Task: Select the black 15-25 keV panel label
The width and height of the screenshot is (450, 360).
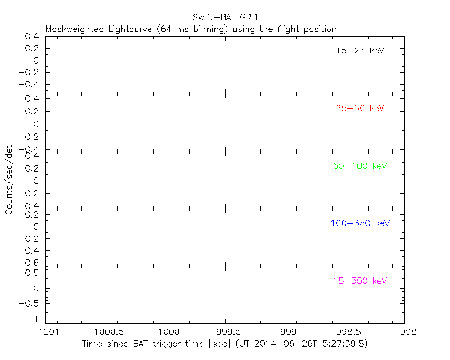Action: [x=360, y=51]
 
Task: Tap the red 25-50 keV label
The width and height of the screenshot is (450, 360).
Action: [x=360, y=109]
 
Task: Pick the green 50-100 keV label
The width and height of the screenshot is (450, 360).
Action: [x=360, y=166]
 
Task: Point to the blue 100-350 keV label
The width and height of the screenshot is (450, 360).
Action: [x=360, y=223]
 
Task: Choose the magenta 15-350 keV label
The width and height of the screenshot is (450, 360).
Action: [x=360, y=281]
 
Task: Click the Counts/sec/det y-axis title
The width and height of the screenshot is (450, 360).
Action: [x=9, y=181]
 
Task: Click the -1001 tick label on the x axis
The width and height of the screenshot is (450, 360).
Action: [x=46, y=332]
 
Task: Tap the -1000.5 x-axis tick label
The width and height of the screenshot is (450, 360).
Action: [x=105, y=332]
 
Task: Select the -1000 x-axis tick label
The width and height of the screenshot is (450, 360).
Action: [x=165, y=332]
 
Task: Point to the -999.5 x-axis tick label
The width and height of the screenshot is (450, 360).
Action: [x=225, y=332]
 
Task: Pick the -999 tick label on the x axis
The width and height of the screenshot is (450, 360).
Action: [x=285, y=332]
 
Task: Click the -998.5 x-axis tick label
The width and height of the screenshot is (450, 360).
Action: [x=345, y=332]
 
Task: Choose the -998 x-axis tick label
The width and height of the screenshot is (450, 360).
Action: [x=404, y=332]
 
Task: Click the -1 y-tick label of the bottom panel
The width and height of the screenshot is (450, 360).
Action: [x=35, y=319]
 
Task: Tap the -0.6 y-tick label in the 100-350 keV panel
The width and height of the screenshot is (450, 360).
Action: [x=33, y=263]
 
